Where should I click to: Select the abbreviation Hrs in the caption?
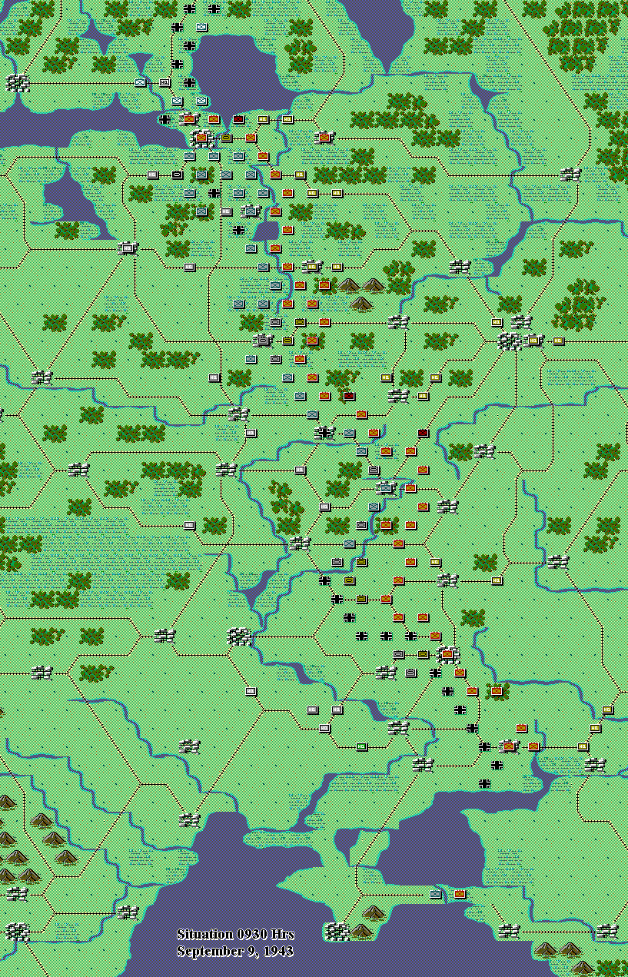point(282,935)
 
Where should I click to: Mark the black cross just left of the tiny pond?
point(239,229)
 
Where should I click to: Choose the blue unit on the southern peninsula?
point(436,894)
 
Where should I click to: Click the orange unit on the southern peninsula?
point(460,894)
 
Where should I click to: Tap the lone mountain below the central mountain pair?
point(361,303)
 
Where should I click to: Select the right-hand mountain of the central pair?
point(374,285)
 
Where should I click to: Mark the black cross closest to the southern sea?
point(485,783)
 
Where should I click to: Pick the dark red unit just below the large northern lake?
point(238,119)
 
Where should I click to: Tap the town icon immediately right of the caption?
point(337,931)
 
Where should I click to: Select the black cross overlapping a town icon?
point(325,433)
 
